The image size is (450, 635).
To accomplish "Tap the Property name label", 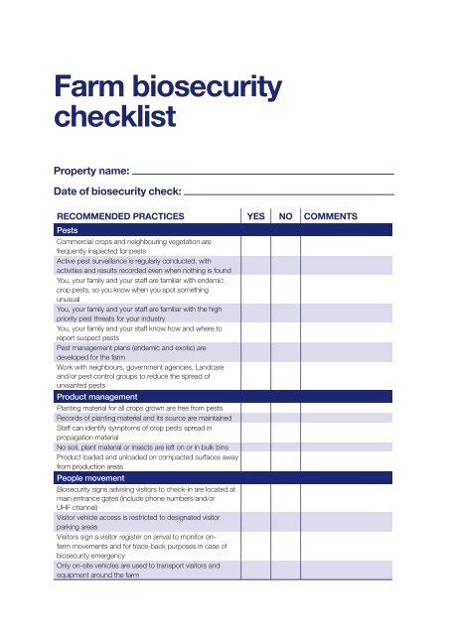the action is pos(90,171).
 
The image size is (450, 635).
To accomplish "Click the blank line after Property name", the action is pos(263,172).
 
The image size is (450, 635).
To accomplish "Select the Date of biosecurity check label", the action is pos(117,191).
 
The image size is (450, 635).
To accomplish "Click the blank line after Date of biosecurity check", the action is pos(289,192).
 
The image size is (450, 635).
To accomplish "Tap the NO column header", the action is pos(285,215).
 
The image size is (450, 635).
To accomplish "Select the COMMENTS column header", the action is pos(331,215).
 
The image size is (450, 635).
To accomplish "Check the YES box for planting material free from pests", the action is pos(255,408).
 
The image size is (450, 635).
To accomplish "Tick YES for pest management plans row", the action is pos(255,352).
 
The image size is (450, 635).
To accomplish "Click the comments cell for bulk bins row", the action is pos(348,447).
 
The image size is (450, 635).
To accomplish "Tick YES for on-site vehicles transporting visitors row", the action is pos(255,570).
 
